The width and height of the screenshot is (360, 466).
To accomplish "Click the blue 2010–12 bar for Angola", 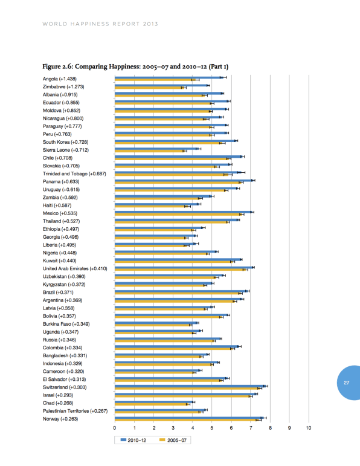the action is tap(169, 77).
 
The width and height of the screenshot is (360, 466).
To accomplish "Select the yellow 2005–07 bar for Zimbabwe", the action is tap(149, 88).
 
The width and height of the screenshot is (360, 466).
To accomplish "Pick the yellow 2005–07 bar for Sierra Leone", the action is tap(150, 151).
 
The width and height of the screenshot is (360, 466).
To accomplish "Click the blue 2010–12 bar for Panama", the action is tap(184, 180).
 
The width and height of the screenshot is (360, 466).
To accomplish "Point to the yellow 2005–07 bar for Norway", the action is tap(187, 420).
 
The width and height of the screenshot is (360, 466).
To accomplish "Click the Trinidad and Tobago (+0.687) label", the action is tap(74, 173).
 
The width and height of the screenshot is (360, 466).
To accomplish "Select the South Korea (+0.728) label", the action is tap(66, 142).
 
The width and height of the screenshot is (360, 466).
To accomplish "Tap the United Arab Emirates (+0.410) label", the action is tap(75, 269).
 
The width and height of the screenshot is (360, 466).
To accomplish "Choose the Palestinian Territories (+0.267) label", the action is tap(75, 411).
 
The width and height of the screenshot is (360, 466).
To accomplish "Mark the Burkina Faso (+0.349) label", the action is tap(66, 324).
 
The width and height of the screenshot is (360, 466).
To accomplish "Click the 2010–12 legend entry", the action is tap(133, 440).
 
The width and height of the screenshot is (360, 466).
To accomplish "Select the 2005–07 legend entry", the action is tap(173, 440).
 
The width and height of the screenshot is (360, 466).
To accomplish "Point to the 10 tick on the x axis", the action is tap(309, 428).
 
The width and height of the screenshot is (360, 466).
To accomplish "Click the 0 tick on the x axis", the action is tap(115, 428).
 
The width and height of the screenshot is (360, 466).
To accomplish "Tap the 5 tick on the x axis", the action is tap(212, 428).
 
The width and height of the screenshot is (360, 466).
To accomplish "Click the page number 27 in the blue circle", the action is tap(347, 383).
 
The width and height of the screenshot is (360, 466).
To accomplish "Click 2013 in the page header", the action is tap(150, 24).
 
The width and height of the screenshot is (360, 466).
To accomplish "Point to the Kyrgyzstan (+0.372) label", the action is tap(64, 285).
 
